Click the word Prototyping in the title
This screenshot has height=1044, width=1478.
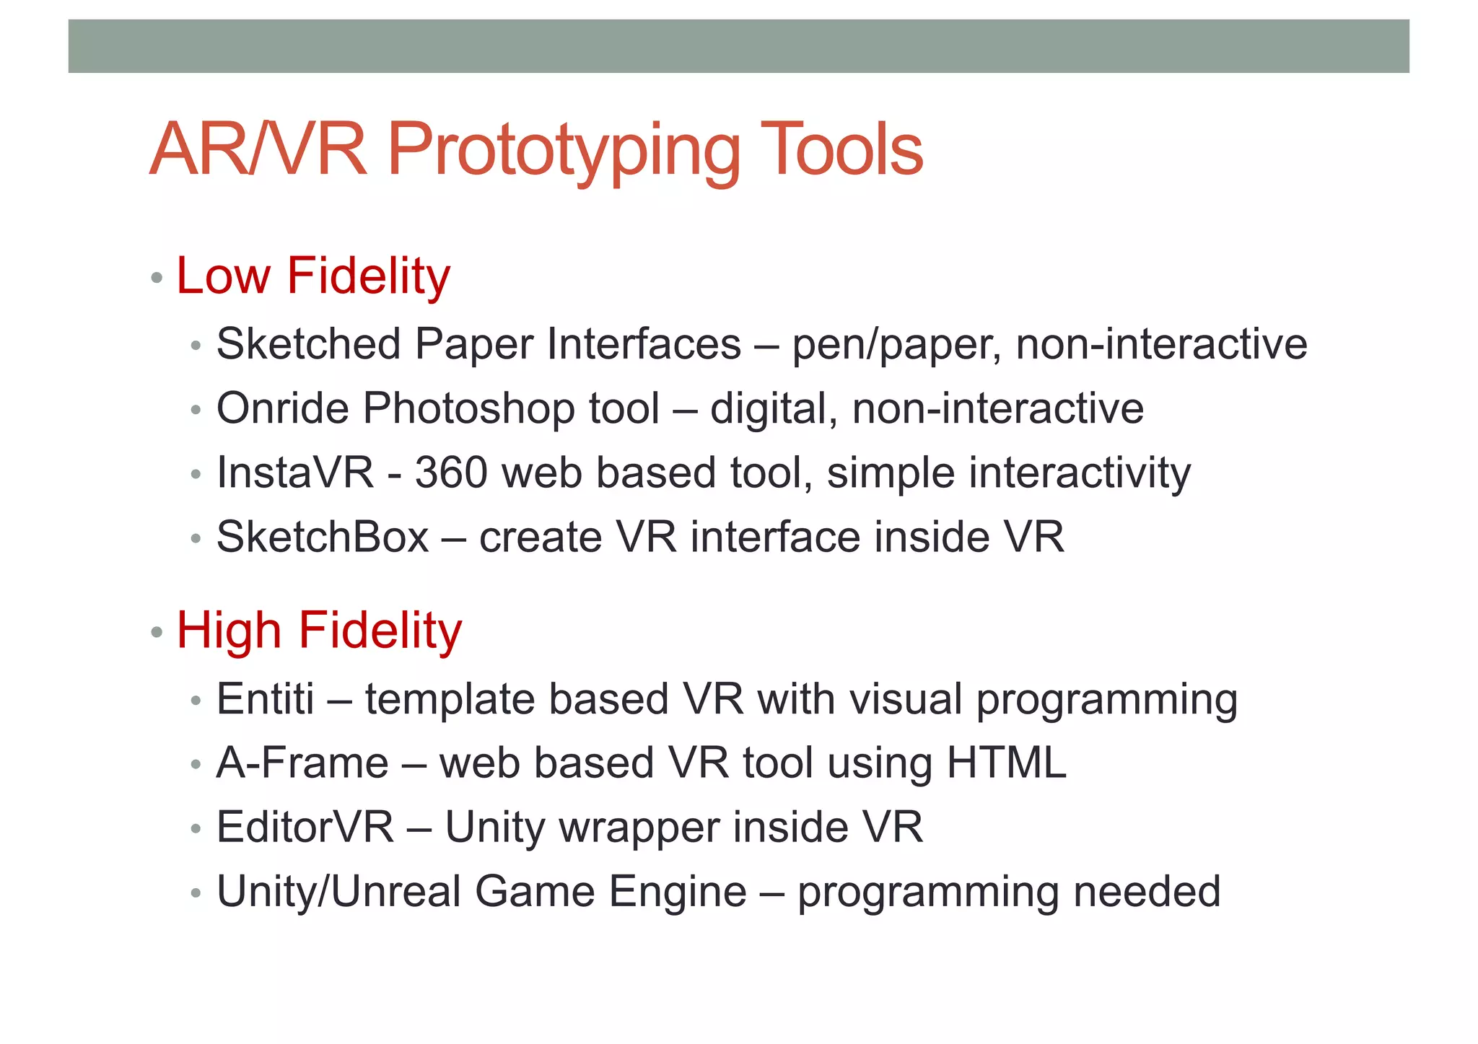[x=564, y=150]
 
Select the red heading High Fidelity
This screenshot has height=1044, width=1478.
[x=319, y=631]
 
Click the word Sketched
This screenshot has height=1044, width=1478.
[x=309, y=343]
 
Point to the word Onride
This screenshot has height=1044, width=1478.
[x=282, y=408]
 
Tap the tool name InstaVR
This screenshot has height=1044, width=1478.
[x=295, y=473]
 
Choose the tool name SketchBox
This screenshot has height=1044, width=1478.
[x=323, y=537]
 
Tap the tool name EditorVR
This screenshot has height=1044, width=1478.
[x=305, y=827]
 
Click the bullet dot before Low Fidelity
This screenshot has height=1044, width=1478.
[x=157, y=278]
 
